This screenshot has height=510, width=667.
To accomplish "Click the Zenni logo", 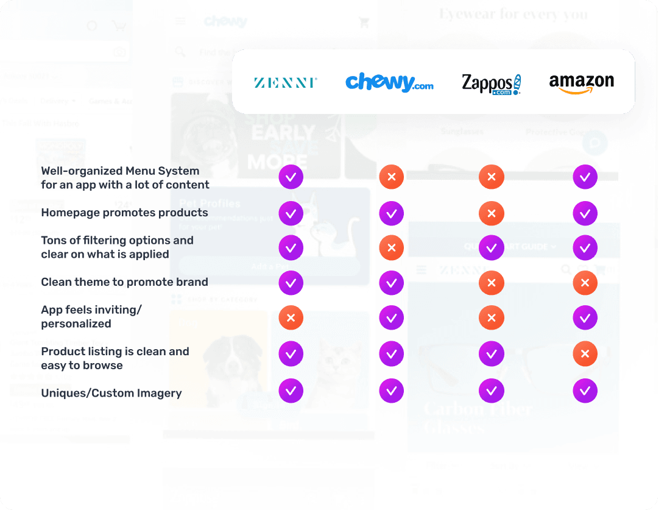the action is pyautogui.click(x=285, y=82).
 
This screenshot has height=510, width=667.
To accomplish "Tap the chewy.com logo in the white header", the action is pyautogui.click(x=389, y=82).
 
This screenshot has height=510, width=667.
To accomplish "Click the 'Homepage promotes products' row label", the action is pyautogui.click(x=124, y=213).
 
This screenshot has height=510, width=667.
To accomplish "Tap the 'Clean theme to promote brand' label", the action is pyautogui.click(x=124, y=282).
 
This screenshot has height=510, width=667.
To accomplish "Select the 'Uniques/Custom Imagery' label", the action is pyautogui.click(x=111, y=393).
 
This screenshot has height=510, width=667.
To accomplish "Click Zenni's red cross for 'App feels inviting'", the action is pyautogui.click(x=291, y=317).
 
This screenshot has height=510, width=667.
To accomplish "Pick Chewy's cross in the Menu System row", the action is pyautogui.click(x=391, y=177).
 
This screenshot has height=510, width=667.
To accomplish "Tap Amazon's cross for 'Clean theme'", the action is pyautogui.click(x=585, y=283).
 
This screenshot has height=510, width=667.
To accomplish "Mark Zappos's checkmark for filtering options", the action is pyautogui.click(x=491, y=248).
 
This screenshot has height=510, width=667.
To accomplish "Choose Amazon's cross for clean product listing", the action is pyautogui.click(x=585, y=353).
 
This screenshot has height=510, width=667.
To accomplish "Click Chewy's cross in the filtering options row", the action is pyautogui.click(x=391, y=248).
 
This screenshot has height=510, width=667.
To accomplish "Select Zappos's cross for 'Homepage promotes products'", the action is pyautogui.click(x=491, y=214).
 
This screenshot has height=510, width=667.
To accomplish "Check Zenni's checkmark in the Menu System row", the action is pyautogui.click(x=291, y=177).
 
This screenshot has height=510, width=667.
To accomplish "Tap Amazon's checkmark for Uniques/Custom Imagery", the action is pyautogui.click(x=585, y=391).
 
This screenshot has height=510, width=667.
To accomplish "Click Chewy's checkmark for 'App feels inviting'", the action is pyautogui.click(x=391, y=317).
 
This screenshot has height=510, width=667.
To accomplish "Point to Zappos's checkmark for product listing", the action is pyautogui.click(x=491, y=353).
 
